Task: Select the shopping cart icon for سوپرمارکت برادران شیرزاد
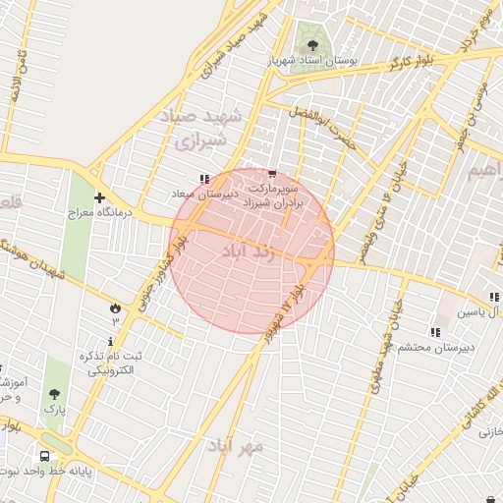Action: tap(272, 174)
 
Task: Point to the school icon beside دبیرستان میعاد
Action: tap(203, 180)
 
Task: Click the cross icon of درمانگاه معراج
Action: tap(99, 197)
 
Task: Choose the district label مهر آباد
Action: tap(236, 445)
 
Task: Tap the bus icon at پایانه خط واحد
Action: tap(44, 457)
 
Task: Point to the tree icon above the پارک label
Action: tap(54, 394)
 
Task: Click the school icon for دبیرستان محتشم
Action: tap(434, 332)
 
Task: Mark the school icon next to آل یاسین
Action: tap(492, 298)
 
